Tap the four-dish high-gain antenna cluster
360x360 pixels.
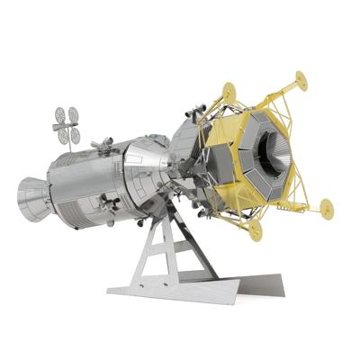67,124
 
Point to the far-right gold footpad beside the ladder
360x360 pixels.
326,208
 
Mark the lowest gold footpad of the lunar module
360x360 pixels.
256,230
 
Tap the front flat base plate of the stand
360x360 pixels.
171,290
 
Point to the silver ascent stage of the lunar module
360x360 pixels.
189,148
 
